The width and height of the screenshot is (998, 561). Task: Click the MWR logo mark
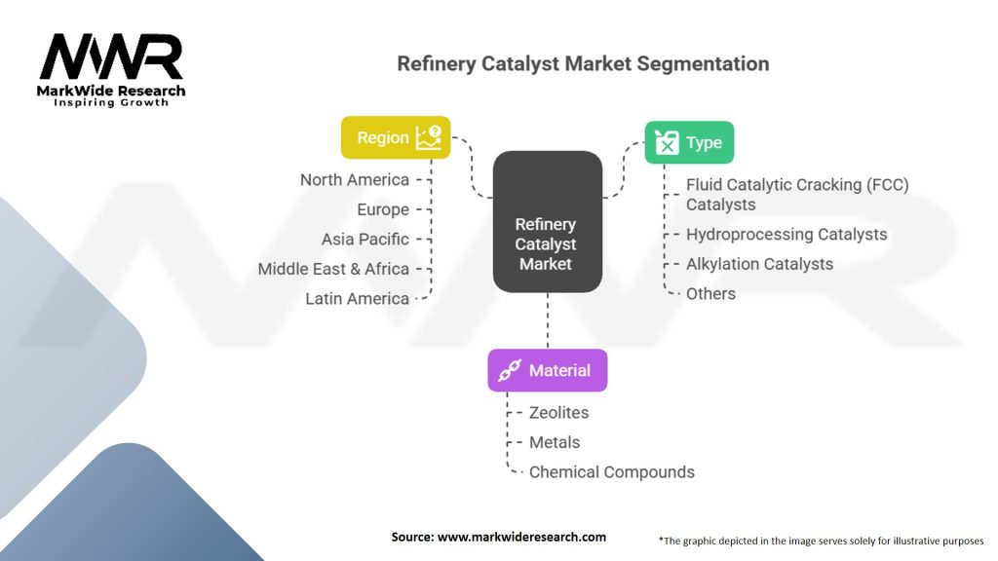[111, 56]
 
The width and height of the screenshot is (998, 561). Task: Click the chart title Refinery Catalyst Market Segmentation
[583, 63]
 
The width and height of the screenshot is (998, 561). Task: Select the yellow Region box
[396, 137]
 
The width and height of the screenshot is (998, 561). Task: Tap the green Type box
[689, 142]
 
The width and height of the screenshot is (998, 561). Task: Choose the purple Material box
[548, 370]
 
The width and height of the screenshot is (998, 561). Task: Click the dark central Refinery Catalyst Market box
[548, 221]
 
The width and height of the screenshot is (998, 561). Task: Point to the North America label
[355, 180]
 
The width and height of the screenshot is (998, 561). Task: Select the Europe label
[383, 210]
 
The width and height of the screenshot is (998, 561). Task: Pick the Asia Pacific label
[365, 240]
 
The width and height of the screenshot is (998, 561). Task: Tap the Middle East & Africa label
[333, 269]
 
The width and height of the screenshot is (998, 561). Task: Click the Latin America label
[357, 298]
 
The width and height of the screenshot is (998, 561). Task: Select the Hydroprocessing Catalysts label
[787, 235]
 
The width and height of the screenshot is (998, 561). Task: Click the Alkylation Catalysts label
[759, 264]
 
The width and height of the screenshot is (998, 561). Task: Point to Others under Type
[710, 294]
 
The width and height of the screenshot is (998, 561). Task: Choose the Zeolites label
[558, 413]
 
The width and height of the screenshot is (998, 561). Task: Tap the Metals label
[555, 443]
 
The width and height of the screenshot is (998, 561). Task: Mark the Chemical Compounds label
[612, 472]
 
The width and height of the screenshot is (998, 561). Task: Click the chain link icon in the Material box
[510, 370]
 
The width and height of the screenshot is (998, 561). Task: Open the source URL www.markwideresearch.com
[521, 537]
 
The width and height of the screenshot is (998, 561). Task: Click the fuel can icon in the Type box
[667, 142]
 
